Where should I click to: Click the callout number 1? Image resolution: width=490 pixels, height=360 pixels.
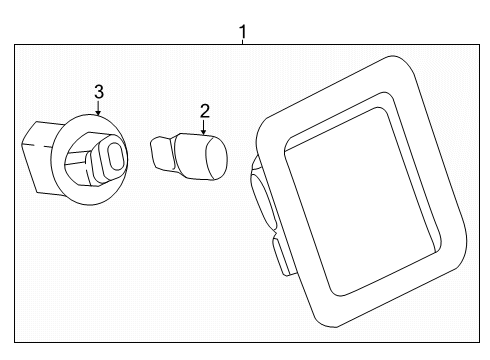[243, 32]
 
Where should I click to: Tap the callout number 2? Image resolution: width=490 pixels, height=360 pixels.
[205, 111]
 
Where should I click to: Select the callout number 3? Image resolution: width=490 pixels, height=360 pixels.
[99, 92]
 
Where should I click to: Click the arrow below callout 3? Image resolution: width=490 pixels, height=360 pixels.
[98, 107]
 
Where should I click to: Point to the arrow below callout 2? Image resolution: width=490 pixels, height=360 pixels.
[204, 127]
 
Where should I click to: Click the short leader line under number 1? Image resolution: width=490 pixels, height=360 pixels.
[243, 42]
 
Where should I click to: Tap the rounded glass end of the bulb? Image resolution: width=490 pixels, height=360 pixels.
[216, 158]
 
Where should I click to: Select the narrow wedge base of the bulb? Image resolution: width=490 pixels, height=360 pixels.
[162, 153]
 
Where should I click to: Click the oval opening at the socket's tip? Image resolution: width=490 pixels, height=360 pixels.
[116, 155]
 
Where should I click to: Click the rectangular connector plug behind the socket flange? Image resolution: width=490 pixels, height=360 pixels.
[37, 157]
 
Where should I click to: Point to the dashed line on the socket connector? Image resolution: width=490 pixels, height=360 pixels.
[37, 145]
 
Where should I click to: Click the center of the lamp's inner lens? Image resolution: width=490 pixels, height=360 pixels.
[363, 200]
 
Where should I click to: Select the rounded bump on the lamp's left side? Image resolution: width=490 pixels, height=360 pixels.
[262, 197]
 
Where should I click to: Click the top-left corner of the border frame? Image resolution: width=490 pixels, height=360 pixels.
[14, 45]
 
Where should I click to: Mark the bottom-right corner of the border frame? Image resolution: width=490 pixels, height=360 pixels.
[480, 342]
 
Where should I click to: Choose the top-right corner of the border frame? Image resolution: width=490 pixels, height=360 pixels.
[480, 45]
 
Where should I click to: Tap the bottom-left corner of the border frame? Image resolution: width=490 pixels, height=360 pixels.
[14, 342]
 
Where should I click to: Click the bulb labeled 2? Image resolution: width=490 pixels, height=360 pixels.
[189, 157]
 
